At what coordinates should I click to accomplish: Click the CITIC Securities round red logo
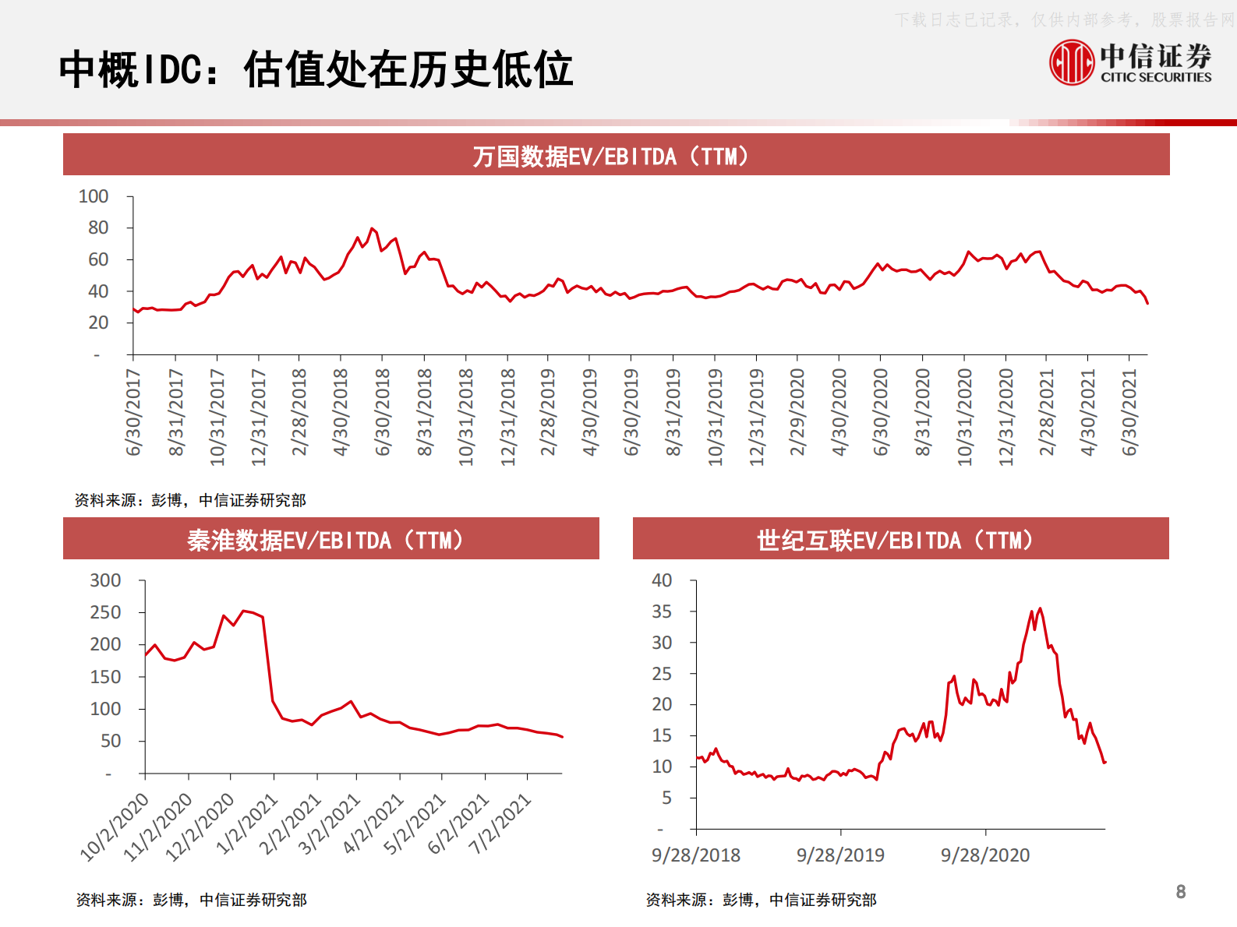pyautogui.click(x=1072, y=62)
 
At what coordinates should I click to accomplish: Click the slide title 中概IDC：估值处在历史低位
pyautogui.click(x=316, y=69)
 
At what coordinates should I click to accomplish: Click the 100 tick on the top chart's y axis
pyautogui.click(x=94, y=196)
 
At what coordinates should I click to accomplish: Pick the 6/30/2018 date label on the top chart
pyautogui.click(x=382, y=413)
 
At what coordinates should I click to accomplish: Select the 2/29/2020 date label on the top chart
pyautogui.click(x=797, y=413)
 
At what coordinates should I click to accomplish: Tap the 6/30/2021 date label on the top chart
pyautogui.click(x=1129, y=413)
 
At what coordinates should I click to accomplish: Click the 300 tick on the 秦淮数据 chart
pyautogui.click(x=105, y=580)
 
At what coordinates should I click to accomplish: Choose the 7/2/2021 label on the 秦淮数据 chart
pyautogui.click(x=500, y=823)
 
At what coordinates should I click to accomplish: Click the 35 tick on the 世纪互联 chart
pyautogui.click(x=662, y=612)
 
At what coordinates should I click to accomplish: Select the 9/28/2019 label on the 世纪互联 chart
pyautogui.click(x=840, y=855)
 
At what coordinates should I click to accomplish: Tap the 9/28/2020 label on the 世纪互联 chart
pyautogui.click(x=985, y=855)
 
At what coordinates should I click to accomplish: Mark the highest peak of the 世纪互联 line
pyautogui.click(x=1040, y=608)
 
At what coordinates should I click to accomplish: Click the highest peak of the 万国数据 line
pyautogui.click(x=372, y=228)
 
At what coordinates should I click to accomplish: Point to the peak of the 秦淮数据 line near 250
pyautogui.click(x=244, y=611)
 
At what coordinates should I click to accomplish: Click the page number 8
pyautogui.click(x=1181, y=892)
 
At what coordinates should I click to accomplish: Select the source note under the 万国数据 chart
pyautogui.click(x=190, y=500)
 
